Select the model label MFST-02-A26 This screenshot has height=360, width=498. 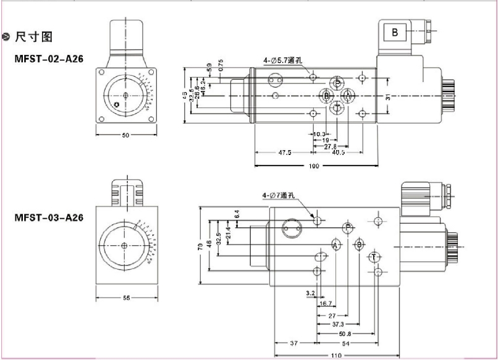[x=49, y=58]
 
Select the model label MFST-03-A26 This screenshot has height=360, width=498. [x=49, y=217]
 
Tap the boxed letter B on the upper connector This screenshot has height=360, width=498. [x=395, y=32]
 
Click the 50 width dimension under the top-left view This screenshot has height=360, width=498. [x=125, y=135]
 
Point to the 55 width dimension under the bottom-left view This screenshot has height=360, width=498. [x=126, y=298]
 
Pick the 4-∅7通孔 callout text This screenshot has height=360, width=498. [x=279, y=196]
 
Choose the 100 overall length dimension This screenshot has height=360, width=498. [x=316, y=166]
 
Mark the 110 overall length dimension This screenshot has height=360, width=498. [x=336, y=355]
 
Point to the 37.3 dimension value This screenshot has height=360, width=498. [x=338, y=324]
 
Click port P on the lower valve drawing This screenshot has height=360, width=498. [x=348, y=227]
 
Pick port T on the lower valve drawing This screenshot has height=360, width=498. [x=373, y=256]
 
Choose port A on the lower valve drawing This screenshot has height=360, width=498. [x=336, y=245]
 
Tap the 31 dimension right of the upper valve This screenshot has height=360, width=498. [x=388, y=96]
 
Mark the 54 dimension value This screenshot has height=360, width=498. [x=347, y=343]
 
